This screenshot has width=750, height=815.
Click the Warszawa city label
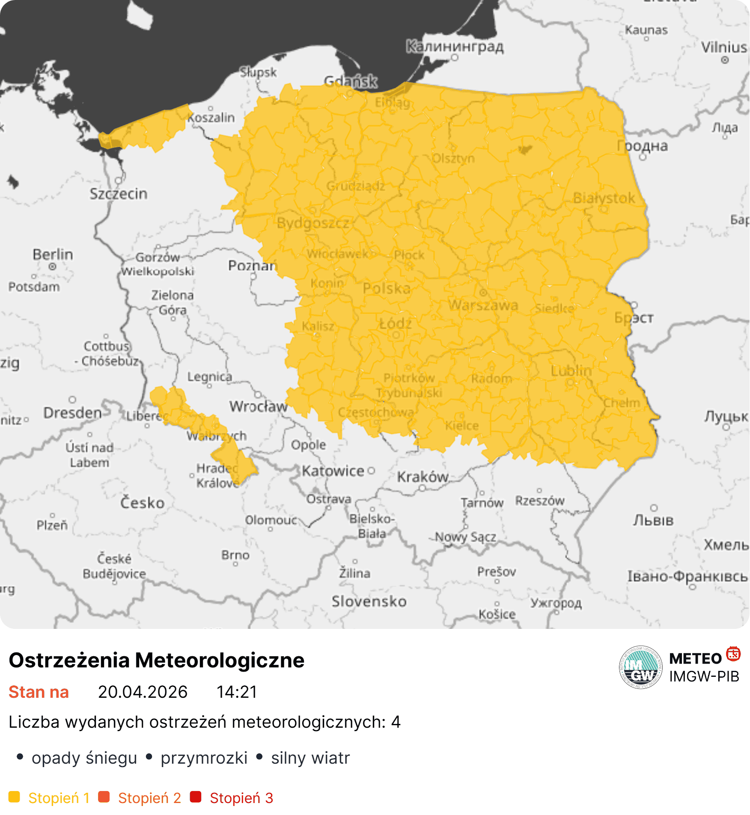coord(483,305)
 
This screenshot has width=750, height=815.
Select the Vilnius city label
coord(724,47)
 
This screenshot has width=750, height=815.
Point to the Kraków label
coord(423,477)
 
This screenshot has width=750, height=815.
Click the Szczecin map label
coord(118,194)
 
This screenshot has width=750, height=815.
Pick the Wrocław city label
coord(258,406)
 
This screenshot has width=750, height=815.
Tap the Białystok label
coord(604,198)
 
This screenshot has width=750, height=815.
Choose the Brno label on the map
coord(235,555)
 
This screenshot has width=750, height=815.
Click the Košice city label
coord(497,614)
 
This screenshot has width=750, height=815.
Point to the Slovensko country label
coord(369,601)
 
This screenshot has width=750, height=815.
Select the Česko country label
coord(142,502)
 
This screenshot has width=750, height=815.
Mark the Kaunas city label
coord(646,30)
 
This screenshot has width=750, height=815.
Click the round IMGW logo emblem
coord(640,667)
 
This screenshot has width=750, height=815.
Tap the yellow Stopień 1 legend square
coord(14,797)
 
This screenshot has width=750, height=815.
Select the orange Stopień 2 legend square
coord(104,797)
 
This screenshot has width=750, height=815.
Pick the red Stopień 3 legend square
coord(196,797)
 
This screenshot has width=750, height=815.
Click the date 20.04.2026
coord(143,692)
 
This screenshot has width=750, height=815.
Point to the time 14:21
coord(237,692)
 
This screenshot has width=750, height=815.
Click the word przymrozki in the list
coord(204,758)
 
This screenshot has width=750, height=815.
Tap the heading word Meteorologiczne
coord(220,660)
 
